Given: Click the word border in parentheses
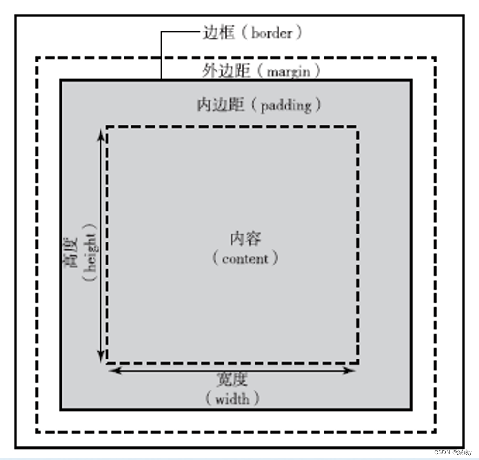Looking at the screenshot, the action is pyautogui.click(x=272, y=33).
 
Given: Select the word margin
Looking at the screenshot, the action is pyautogui.click(x=288, y=71).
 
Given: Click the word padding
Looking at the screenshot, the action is pyautogui.click(x=286, y=105).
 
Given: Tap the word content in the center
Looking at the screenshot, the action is pyautogui.click(x=245, y=258).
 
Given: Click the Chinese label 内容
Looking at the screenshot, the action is pyautogui.click(x=245, y=239).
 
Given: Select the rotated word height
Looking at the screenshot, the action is pyautogui.click(x=91, y=252).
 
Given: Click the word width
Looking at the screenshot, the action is pyautogui.click(x=232, y=399).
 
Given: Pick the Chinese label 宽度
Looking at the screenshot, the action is pyautogui.click(x=232, y=380).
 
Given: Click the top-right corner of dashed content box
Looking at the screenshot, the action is pyautogui.click(x=358, y=127).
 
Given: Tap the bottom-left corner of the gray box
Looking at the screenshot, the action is pyautogui.click(x=61, y=409).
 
